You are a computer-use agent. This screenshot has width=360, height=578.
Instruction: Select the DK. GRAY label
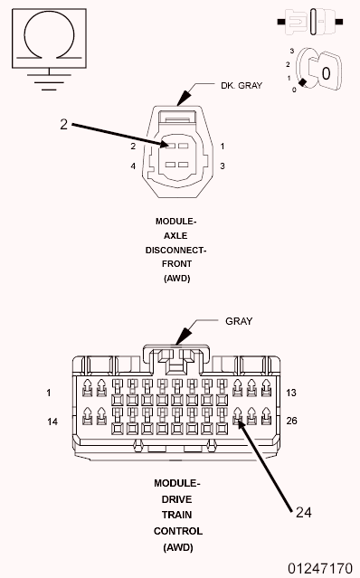[242, 86]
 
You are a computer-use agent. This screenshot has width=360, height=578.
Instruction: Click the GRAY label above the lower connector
[239, 321]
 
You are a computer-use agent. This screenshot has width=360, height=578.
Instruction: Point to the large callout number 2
[63, 125]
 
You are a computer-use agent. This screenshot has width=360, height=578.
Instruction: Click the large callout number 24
[304, 511]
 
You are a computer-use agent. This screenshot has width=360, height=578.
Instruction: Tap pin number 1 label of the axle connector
[222, 146]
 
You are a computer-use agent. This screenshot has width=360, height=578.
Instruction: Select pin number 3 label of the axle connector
[222, 166]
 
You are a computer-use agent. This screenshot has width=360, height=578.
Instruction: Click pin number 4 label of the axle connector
[132, 166]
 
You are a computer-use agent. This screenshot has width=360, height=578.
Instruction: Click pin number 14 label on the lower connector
[52, 422]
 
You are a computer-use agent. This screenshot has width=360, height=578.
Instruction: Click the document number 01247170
[320, 568]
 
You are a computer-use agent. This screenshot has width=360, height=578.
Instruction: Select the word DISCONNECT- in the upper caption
[176, 250]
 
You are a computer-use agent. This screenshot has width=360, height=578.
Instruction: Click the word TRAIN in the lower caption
[176, 514]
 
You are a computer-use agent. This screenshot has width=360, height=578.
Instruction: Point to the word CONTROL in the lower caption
[176, 531]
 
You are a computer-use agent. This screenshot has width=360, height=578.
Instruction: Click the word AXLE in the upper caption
[176, 234]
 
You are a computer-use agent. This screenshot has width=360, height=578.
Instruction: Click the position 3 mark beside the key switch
[292, 52]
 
